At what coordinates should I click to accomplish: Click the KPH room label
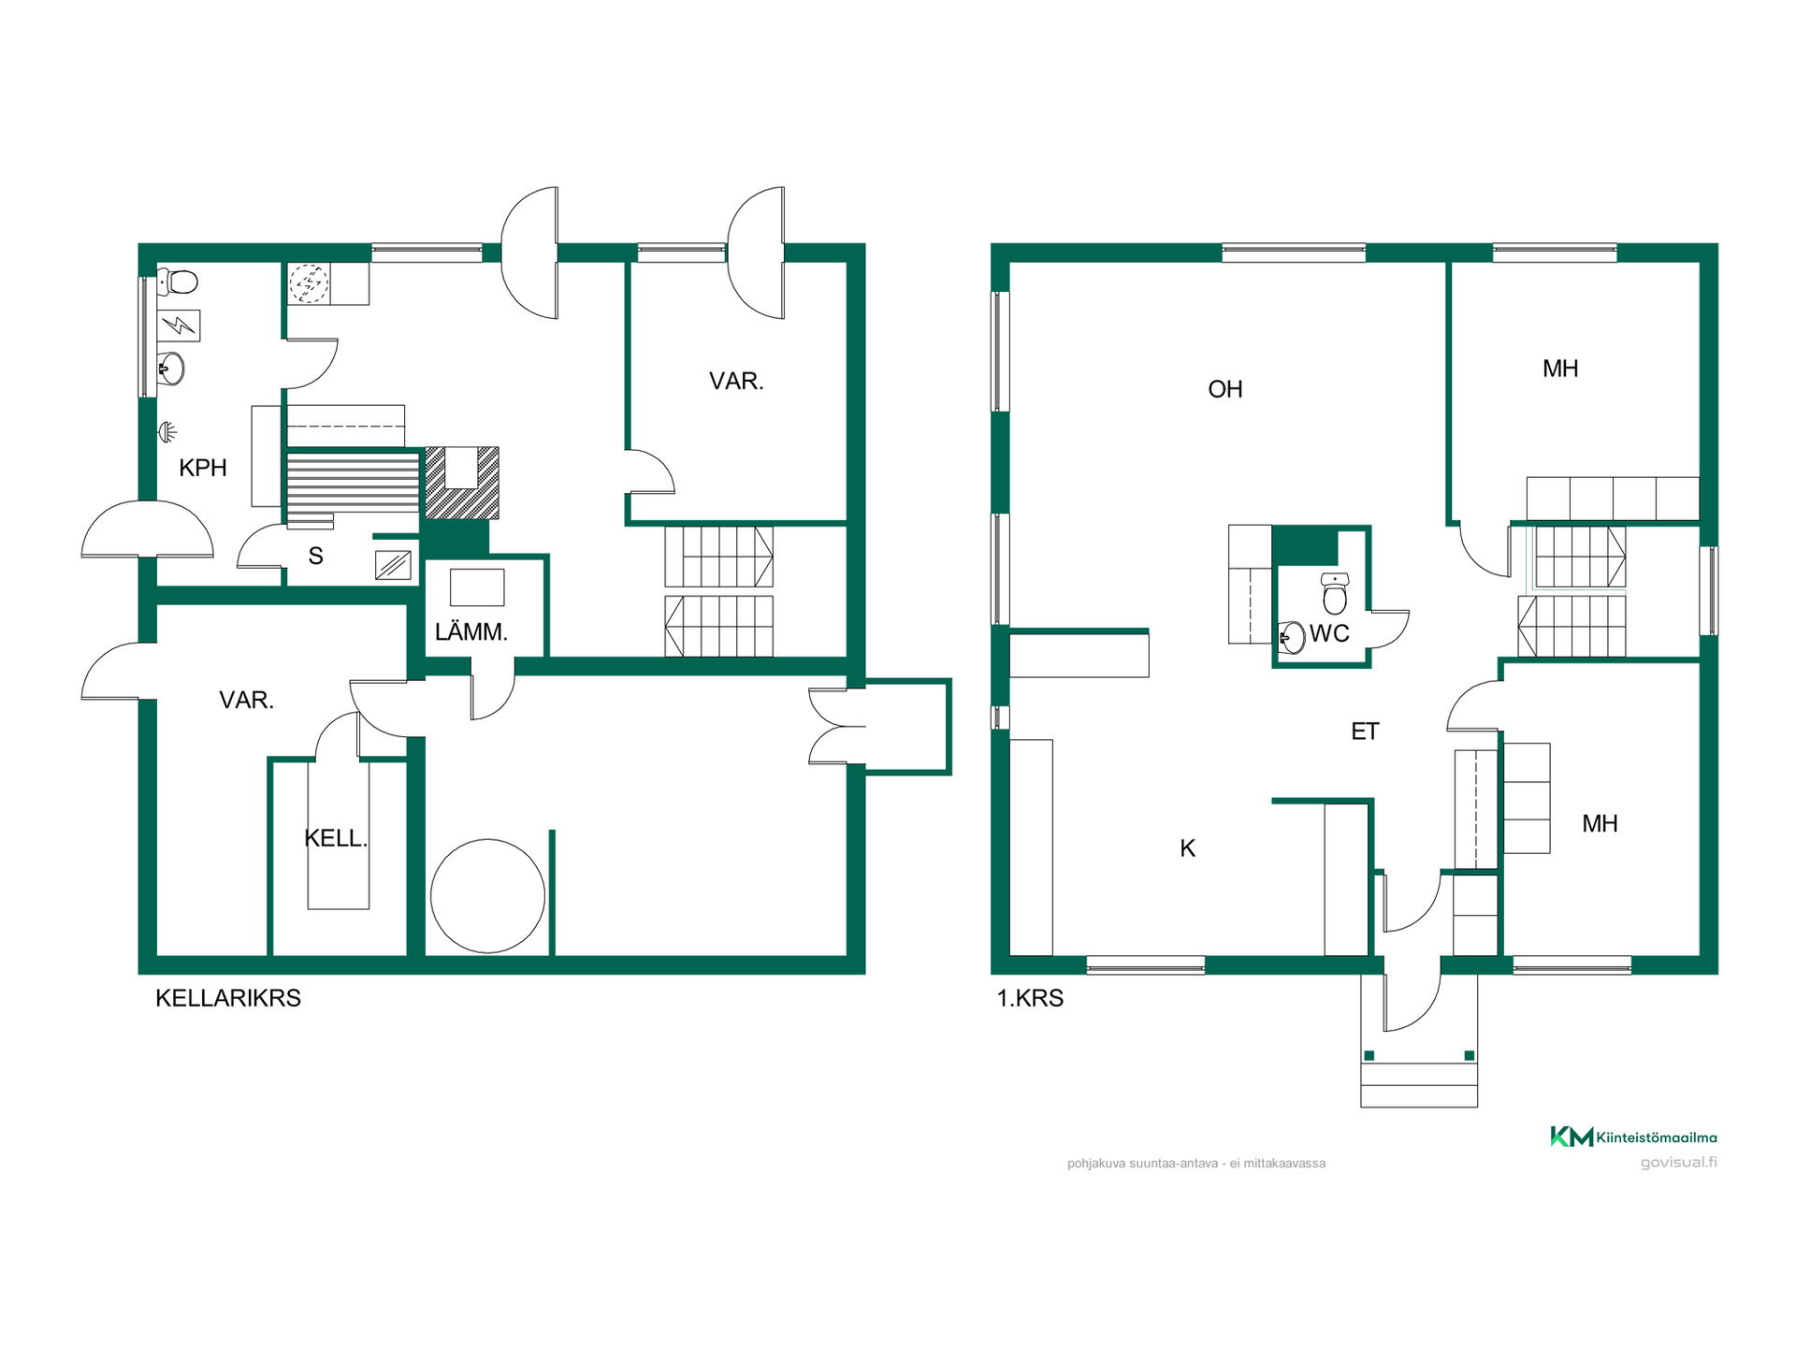tap(203, 468)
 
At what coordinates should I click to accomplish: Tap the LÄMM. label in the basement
tap(471, 631)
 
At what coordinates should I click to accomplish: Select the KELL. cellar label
tap(336, 838)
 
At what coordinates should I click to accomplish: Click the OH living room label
tap(1225, 389)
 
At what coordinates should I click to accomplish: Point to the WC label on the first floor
tap(1329, 633)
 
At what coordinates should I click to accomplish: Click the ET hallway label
tap(1365, 731)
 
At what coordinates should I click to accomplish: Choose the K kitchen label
tap(1187, 848)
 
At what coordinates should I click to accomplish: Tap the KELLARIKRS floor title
tap(228, 998)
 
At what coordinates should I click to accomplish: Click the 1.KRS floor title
tap(1030, 998)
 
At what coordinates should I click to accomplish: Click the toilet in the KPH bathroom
tap(178, 281)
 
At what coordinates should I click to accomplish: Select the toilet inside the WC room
tap(1335, 593)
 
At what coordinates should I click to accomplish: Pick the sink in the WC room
tap(1292, 637)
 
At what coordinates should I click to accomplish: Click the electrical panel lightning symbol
tap(178, 326)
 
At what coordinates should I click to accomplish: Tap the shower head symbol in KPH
tap(167, 431)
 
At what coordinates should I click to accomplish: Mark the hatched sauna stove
tap(462, 483)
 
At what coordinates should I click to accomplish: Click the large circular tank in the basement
tap(487, 896)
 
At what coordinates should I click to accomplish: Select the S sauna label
tap(316, 557)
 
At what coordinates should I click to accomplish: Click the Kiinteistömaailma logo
tap(1633, 1137)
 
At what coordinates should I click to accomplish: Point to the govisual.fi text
tap(1678, 1163)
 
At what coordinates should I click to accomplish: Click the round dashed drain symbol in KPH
tap(308, 283)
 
